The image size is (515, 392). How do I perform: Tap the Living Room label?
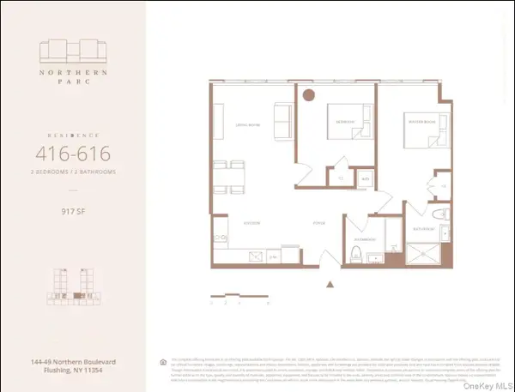[238, 122]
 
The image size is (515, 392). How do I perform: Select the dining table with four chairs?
[222, 178]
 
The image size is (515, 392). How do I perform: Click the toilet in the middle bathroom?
[357, 252]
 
